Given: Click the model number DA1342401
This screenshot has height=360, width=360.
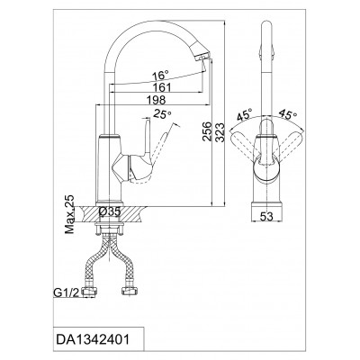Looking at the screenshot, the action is (93, 340).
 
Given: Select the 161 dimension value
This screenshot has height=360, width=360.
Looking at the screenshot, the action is (162, 87).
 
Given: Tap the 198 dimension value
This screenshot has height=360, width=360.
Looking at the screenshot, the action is (156, 100).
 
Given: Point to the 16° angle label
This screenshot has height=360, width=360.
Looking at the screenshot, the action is (160, 75).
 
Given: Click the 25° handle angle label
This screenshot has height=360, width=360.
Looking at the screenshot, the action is (162, 114).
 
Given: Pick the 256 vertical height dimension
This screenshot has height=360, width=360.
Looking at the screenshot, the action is (207, 131).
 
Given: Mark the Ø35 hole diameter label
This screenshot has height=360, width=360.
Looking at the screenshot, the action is (110, 212).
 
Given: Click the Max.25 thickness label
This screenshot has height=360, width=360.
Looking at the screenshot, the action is (70, 214).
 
